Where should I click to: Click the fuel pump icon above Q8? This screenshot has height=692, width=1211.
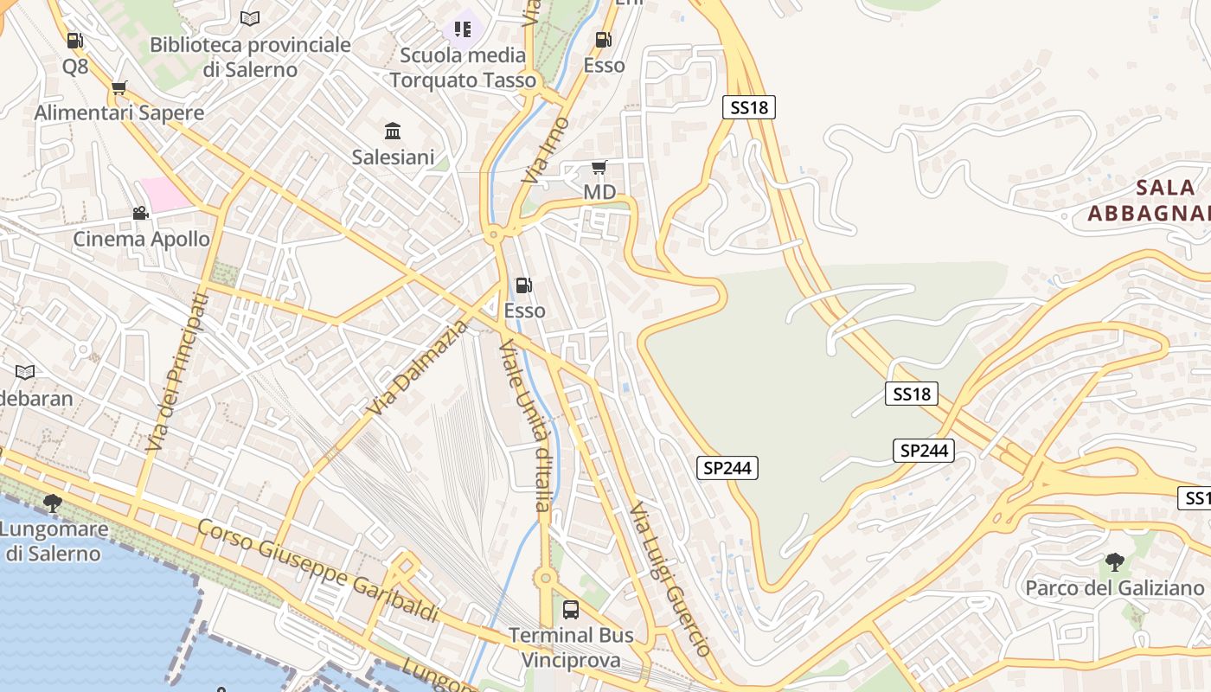click(x=75, y=41)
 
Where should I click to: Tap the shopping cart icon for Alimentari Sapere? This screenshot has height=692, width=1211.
click(x=119, y=87)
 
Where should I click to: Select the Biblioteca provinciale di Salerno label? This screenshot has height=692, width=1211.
click(x=250, y=57)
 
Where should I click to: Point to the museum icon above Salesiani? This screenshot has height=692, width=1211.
click(x=393, y=131)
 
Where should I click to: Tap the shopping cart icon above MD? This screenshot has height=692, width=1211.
click(x=599, y=167)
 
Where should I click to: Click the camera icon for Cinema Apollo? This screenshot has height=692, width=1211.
click(x=140, y=213)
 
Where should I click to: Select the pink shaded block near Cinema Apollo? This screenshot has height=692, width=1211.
click(x=165, y=194)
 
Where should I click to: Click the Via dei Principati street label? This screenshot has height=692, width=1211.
click(x=176, y=372)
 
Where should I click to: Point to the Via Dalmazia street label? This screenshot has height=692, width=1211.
click(x=416, y=367)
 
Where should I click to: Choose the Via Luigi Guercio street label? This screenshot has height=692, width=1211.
click(x=670, y=579)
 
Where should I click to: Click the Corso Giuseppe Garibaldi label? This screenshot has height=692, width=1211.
click(x=317, y=571)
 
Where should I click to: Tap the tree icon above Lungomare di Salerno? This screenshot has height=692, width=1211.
click(x=53, y=503)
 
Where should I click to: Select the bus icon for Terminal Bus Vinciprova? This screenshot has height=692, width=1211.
click(x=571, y=609)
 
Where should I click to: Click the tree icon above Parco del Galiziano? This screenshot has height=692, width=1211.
click(x=1114, y=562)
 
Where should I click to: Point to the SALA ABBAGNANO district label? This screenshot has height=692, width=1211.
click(x=1150, y=200)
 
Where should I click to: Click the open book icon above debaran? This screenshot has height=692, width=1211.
click(x=26, y=372)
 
